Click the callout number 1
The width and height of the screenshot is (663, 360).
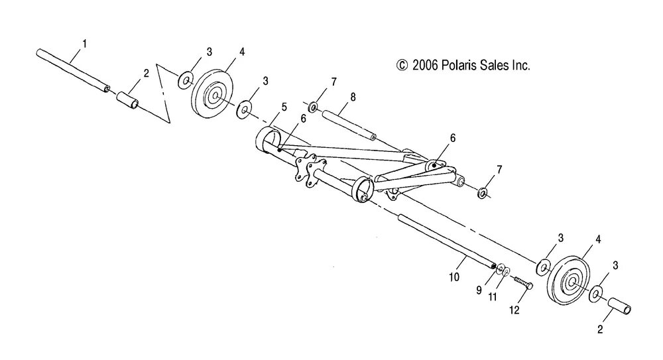click(x=84, y=44)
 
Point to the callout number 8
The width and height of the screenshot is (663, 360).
click(x=353, y=97)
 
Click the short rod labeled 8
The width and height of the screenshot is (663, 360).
click(x=348, y=125)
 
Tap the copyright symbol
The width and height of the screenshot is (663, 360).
click(x=400, y=66)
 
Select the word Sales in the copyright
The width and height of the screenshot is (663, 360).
click(x=493, y=66)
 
